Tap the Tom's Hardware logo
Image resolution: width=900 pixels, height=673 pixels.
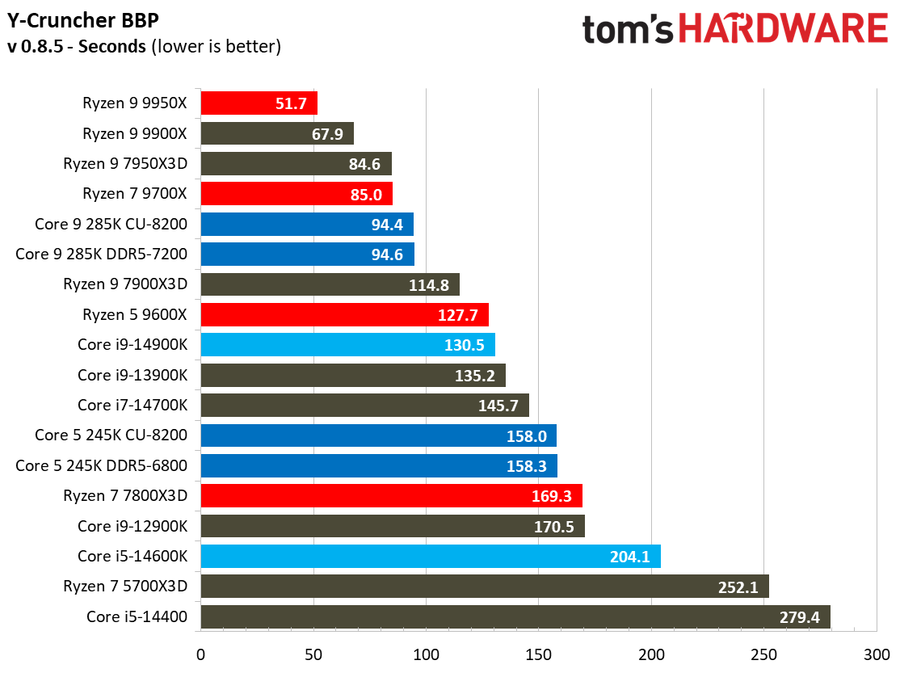click(x=734, y=30)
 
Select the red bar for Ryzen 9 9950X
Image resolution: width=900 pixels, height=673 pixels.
click(x=259, y=103)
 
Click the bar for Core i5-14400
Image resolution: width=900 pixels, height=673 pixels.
click(x=515, y=618)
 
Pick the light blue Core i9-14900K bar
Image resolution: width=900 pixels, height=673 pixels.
click(x=347, y=345)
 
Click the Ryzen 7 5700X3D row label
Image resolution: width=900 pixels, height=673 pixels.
click(x=125, y=587)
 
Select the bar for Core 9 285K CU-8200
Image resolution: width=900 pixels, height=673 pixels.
click(x=306, y=225)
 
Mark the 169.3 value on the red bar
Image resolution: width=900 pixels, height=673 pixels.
click(x=552, y=496)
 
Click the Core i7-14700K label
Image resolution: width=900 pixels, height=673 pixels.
click(x=132, y=406)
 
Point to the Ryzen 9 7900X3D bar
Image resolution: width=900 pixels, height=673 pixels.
click(x=330, y=285)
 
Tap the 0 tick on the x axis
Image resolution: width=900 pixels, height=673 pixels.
click(x=200, y=653)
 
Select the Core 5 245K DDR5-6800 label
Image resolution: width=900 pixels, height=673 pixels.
click(x=102, y=466)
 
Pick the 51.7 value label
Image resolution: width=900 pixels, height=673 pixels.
click(x=291, y=103)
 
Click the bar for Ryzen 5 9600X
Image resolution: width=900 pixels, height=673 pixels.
click(x=344, y=315)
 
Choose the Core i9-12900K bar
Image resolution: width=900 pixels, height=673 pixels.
click(x=392, y=527)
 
